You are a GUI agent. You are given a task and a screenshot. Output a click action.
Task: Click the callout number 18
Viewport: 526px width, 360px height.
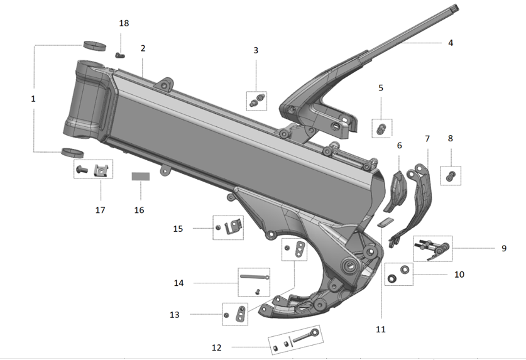coord(124,23)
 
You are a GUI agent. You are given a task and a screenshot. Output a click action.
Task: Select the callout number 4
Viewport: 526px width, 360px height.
coord(451,43)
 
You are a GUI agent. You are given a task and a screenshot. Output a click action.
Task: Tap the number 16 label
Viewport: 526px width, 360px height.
coord(139,210)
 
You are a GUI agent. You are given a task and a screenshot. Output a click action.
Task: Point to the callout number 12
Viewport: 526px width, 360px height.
coord(217,347)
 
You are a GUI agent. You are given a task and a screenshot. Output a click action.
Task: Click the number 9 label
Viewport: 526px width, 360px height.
coord(503,248)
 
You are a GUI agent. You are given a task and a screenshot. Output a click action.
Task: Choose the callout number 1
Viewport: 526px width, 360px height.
coord(33,99)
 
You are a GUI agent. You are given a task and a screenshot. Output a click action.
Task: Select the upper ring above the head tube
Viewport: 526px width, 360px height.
coord(95,45)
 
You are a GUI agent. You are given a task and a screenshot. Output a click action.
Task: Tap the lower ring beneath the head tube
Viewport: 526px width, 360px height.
coord(72,152)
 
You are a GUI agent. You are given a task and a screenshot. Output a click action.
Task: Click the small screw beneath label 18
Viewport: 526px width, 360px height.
coord(120,55)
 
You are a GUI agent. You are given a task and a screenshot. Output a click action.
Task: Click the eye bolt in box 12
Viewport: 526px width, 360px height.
coord(305,336)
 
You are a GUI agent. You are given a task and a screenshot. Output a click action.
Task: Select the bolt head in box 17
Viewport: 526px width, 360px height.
coord(82,169)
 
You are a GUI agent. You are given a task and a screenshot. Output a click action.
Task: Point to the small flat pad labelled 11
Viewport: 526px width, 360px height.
coord(384,221)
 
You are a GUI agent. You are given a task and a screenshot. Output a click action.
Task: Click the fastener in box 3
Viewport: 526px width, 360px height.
coord(258,99)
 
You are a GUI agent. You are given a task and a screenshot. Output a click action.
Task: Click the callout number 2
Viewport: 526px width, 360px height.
coord(143,48)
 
